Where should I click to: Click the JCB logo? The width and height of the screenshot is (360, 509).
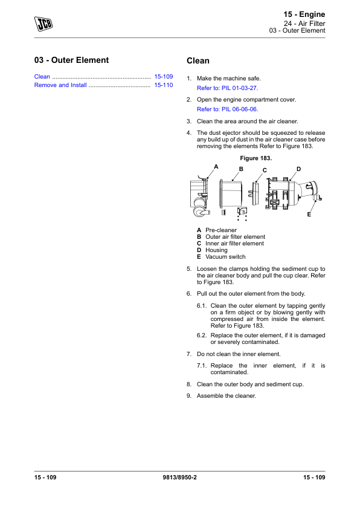(43, 24)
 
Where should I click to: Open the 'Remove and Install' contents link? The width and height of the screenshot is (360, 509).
(60, 85)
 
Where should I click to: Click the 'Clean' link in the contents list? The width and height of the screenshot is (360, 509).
(42, 77)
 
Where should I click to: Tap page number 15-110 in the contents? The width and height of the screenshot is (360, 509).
(164, 85)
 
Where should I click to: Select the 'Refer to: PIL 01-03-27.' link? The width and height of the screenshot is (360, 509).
(227, 88)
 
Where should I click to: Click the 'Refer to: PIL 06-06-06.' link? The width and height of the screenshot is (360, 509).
(227, 109)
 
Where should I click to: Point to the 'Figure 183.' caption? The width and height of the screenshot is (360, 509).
(256, 158)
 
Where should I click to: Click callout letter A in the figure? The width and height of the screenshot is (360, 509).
(216, 166)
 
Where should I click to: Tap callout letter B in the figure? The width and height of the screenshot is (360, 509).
(241, 169)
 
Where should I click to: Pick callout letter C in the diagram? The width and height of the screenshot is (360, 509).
(265, 170)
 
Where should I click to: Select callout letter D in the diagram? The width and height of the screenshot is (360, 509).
(299, 169)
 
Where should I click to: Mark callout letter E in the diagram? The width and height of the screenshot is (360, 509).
(309, 214)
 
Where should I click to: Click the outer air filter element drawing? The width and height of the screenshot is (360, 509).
(231, 195)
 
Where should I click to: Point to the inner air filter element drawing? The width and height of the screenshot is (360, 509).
(256, 193)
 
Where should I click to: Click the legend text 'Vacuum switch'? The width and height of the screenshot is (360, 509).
(225, 257)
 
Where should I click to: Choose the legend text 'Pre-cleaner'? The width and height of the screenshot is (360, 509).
(221, 230)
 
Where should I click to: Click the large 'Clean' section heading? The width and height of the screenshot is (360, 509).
(198, 60)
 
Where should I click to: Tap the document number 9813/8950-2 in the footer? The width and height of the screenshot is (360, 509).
(179, 477)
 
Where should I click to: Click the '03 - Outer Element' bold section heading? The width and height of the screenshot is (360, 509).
(71, 60)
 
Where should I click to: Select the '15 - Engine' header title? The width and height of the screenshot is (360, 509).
(304, 15)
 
